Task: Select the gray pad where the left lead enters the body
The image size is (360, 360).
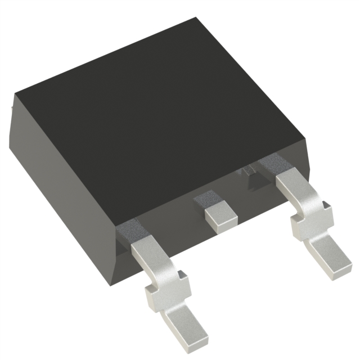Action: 130,229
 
